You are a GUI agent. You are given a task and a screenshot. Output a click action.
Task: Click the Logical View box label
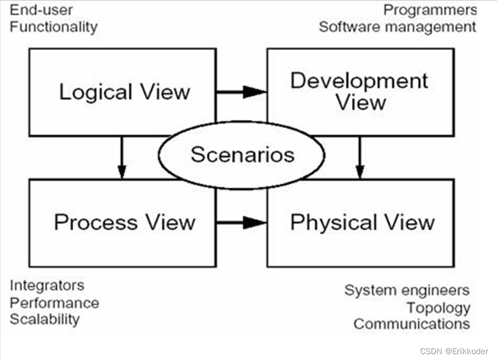click(125, 92)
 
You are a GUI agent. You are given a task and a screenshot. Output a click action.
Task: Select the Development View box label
click(360, 91)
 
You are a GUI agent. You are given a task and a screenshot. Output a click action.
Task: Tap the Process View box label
click(125, 222)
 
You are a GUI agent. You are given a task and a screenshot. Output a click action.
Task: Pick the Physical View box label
click(362, 222)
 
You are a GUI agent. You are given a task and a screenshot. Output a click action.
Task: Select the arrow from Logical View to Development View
click(241, 91)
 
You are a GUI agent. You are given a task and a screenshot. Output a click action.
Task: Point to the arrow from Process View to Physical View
click(241, 222)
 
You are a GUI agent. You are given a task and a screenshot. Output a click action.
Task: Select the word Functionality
click(54, 27)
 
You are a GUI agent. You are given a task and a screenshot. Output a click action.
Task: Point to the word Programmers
click(430, 10)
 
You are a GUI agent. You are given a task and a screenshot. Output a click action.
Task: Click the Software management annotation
click(397, 27)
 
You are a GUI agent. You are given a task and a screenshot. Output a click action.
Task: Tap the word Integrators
click(47, 285)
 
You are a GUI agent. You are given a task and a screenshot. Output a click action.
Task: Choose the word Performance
click(54, 303)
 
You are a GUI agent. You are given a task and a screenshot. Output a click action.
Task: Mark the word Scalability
click(44, 319)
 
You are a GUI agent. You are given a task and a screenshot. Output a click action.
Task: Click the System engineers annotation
click(407, 290)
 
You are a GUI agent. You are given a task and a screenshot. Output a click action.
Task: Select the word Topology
click(438, 308)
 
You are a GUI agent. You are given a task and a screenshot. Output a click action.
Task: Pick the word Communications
click(411, 324)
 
